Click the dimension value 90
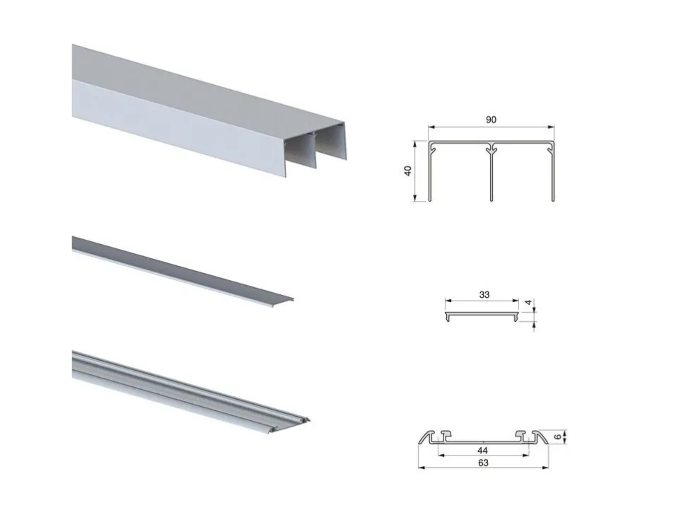491,120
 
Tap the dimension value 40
408,170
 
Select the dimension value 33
484,294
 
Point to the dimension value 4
528,302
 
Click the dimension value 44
482,450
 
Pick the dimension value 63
483,463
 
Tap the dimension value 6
557,436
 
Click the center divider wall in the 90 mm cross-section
492,175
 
